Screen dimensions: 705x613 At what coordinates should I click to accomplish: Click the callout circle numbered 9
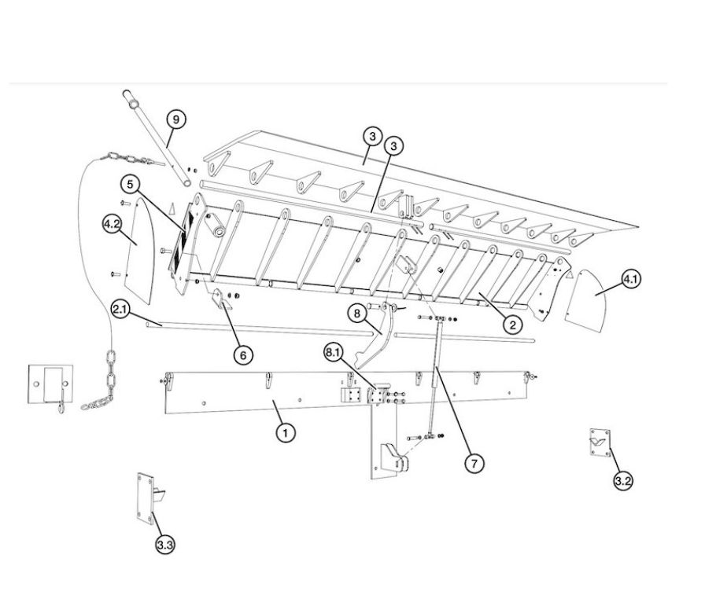pos(175,119)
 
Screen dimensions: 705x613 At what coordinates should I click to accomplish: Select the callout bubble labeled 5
pos(131,185)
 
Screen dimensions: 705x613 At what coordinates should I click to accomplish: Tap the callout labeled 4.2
pos(112,224)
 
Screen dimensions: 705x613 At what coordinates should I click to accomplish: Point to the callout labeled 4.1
pos(630,279)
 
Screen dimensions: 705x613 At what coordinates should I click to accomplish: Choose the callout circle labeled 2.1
pos(120,310)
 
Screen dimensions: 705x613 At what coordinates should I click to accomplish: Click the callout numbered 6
pos(243,355)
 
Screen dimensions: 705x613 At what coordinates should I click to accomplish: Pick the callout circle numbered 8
pos(357,313)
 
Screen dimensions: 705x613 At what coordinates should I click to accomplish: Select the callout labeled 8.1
pos(334,353)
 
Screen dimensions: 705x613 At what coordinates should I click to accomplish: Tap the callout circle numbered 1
pos(286,433)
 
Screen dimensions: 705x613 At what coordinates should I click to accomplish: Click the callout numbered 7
pos(474,463)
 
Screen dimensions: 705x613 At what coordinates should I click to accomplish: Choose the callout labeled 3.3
pos(165,545)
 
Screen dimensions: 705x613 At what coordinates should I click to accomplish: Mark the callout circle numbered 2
pos(513,324)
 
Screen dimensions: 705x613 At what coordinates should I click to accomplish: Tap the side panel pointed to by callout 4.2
pos(140,249)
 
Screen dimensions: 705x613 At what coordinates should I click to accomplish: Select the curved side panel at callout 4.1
pos(587,300)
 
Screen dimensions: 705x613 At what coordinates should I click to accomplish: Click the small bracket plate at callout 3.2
pos(600,442)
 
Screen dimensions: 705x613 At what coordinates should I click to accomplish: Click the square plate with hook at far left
pos(50,384)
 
